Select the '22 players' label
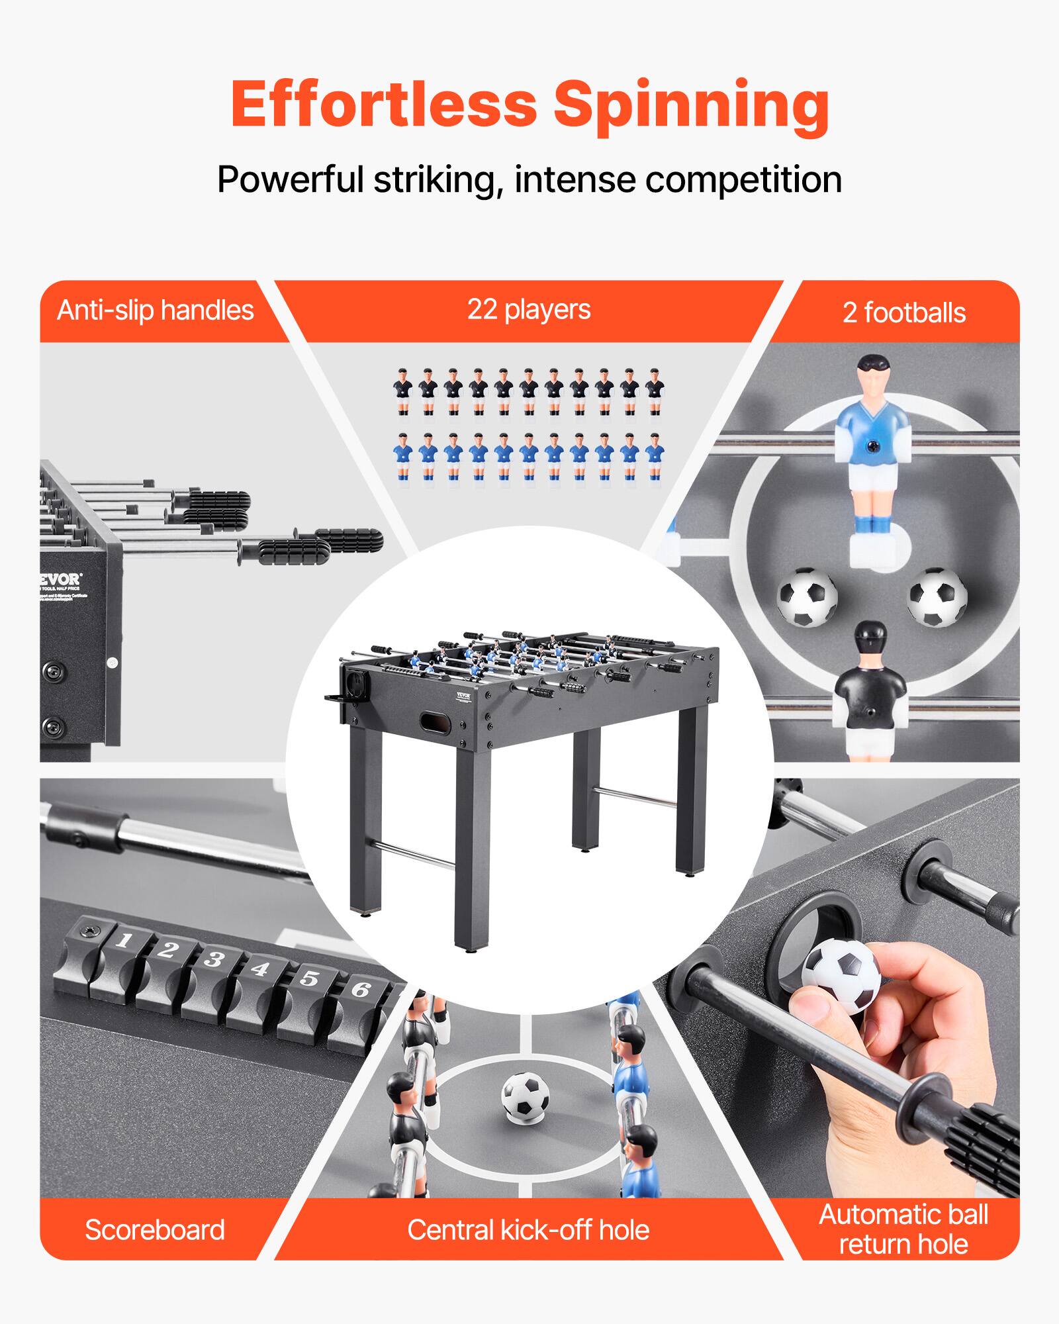(x=529, y=309)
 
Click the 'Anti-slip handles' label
(x=156, y=310)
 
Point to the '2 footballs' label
(x=903, y=312)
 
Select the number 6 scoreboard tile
(x=360, y=990)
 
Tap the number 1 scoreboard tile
(x=122, y=941)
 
